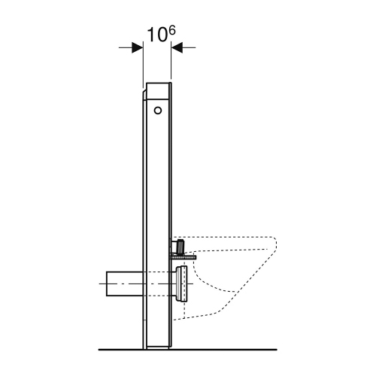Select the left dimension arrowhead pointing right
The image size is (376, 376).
pyautogui.click(x=137, y=47)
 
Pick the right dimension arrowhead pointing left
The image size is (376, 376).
pyautogui.click(x=177, y=47)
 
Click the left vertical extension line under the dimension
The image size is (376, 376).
pyautogui.click(x=142, y=64)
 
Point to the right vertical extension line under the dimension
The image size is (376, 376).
pyautogui.click(x=172, y=64)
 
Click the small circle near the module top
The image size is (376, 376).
pyautogui.click(x=157, y=111)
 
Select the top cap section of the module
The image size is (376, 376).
pyautogui.click(x=158, y=89)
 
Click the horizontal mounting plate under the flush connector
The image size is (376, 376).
pyautogui.click(x=184, y=255)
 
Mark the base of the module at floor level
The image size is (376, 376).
pyautogui.click(x=157, y=347)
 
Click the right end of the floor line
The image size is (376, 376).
pyautogui.click(x=277, y=350)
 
